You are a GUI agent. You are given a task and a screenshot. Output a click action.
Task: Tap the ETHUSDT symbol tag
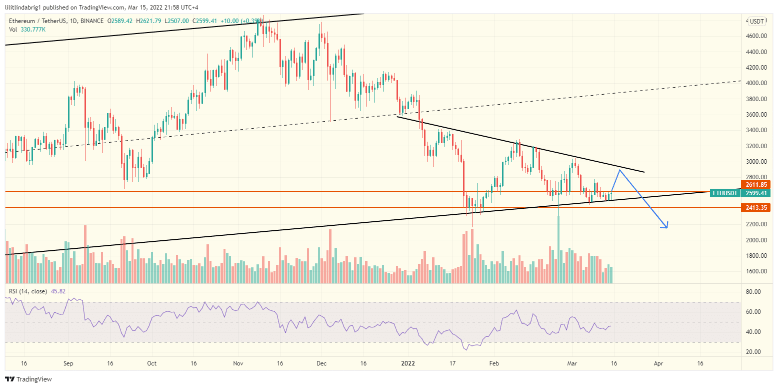click(725, 193)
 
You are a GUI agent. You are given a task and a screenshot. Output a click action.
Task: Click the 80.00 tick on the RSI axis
click(754, 291)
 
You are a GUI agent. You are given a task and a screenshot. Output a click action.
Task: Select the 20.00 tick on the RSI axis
click(754, 352)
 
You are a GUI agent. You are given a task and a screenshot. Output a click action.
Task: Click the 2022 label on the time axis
click(408, 363)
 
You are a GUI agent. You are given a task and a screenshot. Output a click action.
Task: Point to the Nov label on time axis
click(238, 363)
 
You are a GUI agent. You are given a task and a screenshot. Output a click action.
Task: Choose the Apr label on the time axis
click(658, 363)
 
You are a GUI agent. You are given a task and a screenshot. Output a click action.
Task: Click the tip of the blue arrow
click(667, 228)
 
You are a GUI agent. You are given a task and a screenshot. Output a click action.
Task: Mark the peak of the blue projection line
click(620, 170)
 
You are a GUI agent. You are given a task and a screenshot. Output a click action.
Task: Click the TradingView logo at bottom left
click(29, 379)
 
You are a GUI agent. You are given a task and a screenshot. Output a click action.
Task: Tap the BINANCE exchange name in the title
click(91, 21)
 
